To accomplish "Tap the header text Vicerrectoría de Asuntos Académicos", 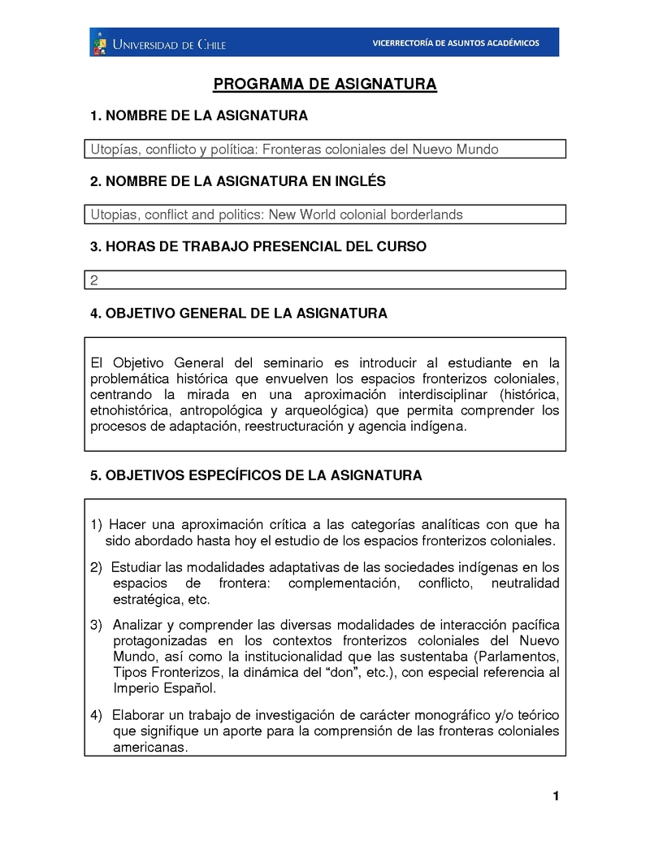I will point(455,43).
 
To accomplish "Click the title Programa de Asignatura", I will point(325,85).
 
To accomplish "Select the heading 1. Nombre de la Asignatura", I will point(199,116).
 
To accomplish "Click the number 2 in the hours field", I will point(94,280).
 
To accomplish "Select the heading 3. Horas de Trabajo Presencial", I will point(258,246).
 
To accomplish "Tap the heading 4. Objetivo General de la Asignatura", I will point(238,313).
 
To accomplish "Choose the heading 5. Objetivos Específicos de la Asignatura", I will point(256,475).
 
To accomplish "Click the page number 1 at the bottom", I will point(556,796).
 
